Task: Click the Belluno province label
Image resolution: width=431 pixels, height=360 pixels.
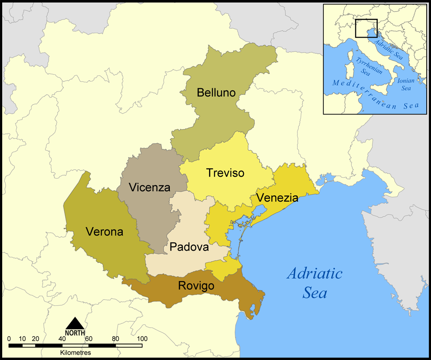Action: click(216, 93)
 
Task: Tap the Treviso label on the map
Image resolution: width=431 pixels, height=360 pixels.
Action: click(225, 173)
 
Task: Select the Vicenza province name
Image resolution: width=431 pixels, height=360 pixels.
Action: click(150, 188)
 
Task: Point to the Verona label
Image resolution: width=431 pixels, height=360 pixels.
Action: click(104, 232)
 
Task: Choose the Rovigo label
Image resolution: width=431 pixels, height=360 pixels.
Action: click(196, 286)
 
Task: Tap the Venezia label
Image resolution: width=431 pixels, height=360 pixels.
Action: click(277, 198)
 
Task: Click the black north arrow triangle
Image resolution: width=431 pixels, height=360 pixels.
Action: click(75, 323)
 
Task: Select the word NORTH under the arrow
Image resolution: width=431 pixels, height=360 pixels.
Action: click(75, 333)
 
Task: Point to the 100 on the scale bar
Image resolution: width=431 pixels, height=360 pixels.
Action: click(142, 338)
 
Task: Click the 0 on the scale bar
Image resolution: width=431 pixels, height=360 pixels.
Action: click(9, 338)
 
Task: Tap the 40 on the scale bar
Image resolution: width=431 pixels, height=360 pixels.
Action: click(62, 338)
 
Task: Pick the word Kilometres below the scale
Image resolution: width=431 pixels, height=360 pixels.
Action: click(75, 352)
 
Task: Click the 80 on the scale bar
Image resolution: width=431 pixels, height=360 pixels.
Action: click(115, 338)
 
